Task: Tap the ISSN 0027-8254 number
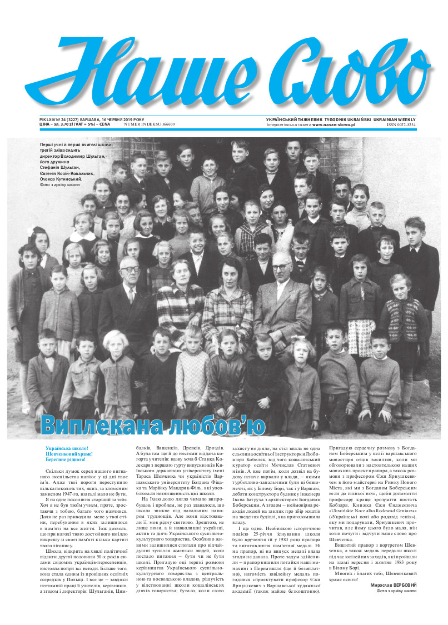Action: tap(401, 125)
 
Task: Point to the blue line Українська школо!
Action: tap(67, 448)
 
